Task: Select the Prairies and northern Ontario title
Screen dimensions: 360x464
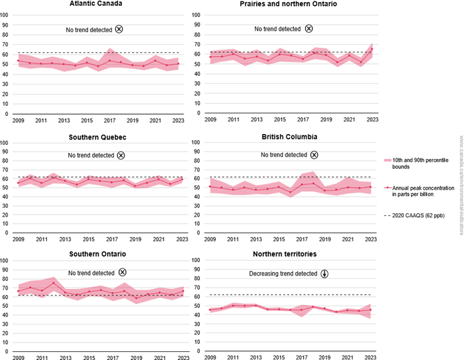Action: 288,5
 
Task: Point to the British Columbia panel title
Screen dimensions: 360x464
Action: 289,137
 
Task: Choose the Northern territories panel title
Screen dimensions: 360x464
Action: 289,254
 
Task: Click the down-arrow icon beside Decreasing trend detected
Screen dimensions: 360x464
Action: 325,274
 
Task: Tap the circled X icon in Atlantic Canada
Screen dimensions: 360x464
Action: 119,29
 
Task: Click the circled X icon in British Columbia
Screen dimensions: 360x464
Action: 314,155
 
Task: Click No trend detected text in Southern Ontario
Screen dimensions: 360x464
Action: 91,273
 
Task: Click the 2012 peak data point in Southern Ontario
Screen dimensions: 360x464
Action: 53,283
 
